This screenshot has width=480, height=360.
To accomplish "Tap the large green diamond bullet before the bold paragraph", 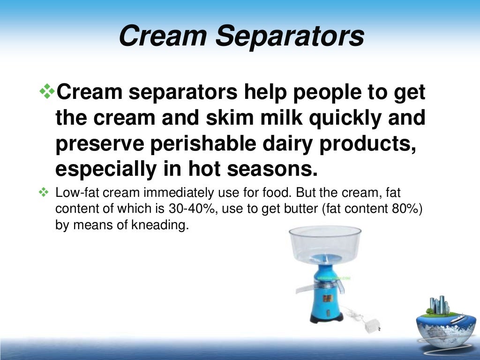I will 47,91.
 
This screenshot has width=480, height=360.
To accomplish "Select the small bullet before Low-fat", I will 44,192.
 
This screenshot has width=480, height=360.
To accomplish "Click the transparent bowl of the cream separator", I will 325,242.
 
